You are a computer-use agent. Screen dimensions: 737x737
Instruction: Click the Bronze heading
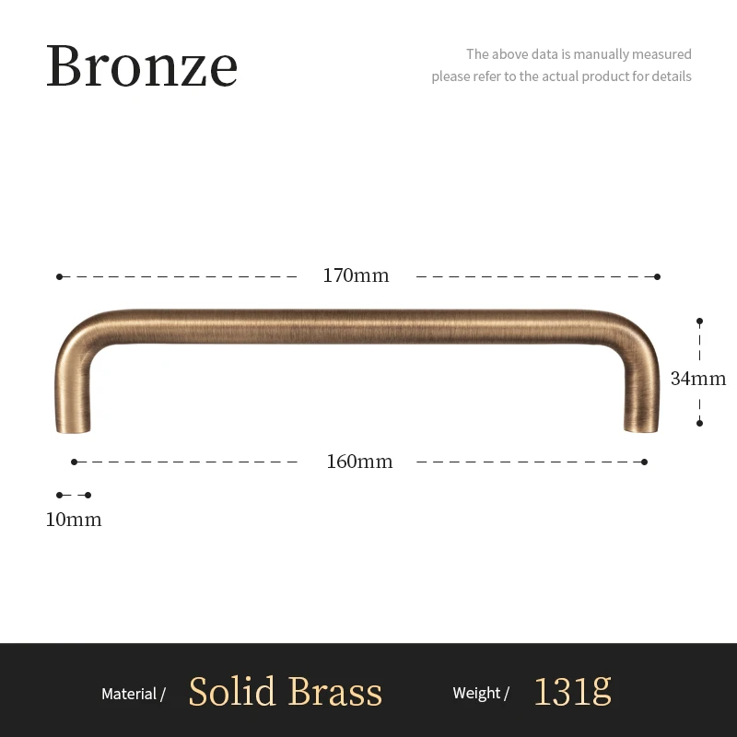tap(142, 66)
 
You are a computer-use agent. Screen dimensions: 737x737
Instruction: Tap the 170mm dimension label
tap(356, 275)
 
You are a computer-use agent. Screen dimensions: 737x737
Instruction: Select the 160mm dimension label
tap(359, 462)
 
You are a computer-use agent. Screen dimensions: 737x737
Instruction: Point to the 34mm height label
tap(698, 379)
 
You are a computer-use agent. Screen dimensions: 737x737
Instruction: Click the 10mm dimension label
tap(74, 520)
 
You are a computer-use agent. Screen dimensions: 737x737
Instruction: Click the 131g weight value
tap(572, 692)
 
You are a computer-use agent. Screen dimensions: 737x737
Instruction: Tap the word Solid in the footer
tap(232, 692)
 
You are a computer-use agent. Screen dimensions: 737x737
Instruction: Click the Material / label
tap(134, 694)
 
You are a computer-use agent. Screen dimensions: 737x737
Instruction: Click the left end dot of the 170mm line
tap(60, 276)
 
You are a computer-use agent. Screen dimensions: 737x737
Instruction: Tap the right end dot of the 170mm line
tap(657, 276)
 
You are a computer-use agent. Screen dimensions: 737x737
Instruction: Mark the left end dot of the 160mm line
tap(75, 462)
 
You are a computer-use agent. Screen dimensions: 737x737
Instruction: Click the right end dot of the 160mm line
tap(644, 462)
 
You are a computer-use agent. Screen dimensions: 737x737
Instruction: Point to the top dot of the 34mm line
tap(699, 322)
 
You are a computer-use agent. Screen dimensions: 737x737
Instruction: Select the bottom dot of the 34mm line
tap(699, 423)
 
